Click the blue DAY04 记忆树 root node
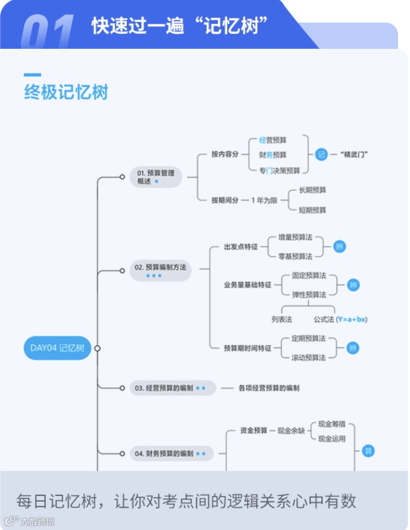pos(57,348)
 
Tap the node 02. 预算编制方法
pos(157,270)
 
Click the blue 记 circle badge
pos(321,155)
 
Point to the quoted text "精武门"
pos(355,155)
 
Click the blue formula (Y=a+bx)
pos(352,319)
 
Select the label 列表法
pos(282,319)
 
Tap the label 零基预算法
pos(295,257)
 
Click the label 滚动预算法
pos(308,358)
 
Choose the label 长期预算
pos(312,190)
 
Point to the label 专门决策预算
pos(280,170)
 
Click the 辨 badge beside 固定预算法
pos(353,285)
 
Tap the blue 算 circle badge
pos(368,451)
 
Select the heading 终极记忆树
pos(66,93)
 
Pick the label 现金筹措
pos(332,425)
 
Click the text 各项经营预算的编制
pos(269,388)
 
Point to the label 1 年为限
pos(264,200)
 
